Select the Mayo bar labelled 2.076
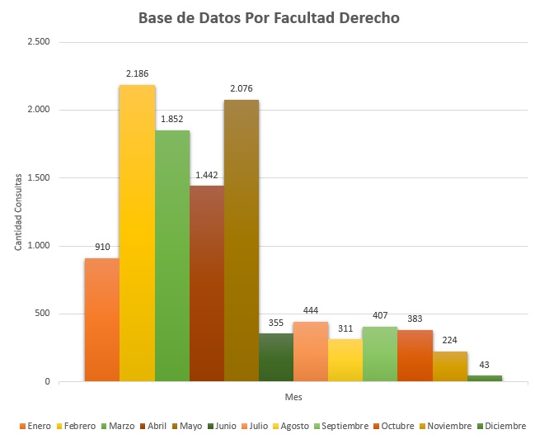click(x=242, y=240)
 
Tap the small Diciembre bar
click(x=484, y=378)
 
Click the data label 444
click(x=311, y=309)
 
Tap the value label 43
click(x=484, y=363)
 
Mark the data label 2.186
click(x=137, y=73)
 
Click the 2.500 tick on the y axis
click(x=39, y=42)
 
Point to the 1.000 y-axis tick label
click(x=39, y=246)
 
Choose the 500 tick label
click(x=42, y=314)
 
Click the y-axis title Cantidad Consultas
click(x=17, y=211)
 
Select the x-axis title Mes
click(x=293, y=397)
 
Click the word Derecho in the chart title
click(x=367, y=17)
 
